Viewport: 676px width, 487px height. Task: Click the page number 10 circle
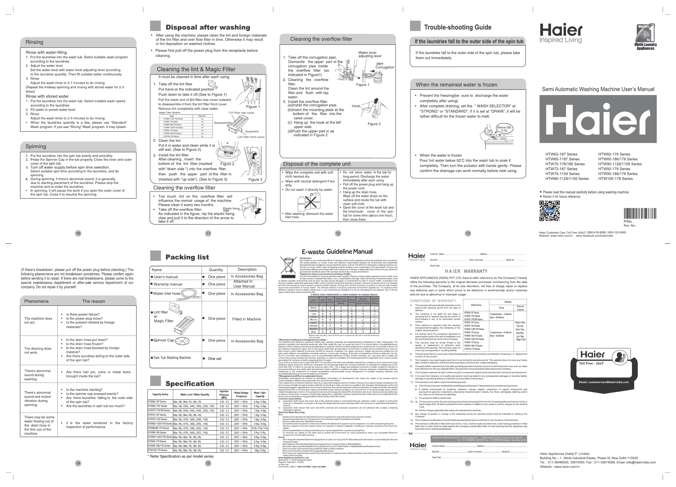pyautogui.click(x=78, y=233)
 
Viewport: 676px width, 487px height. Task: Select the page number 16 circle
pyautogui.click(x=338, y=463)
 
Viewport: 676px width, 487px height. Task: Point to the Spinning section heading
pyautogui.click(x=36, y=146)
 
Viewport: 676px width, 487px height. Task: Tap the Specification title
pyautogui.click(x=190, y=384)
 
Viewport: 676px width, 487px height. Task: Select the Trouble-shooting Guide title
pyautogui.click(x=458, y=27)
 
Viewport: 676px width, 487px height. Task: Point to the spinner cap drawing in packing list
pyautogui.click(x=182, y=341)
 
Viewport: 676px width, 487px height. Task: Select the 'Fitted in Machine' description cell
pyautogui.click(x=246, y=319)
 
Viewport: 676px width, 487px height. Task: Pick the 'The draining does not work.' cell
pyautogui.click(x=38, y=350)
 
